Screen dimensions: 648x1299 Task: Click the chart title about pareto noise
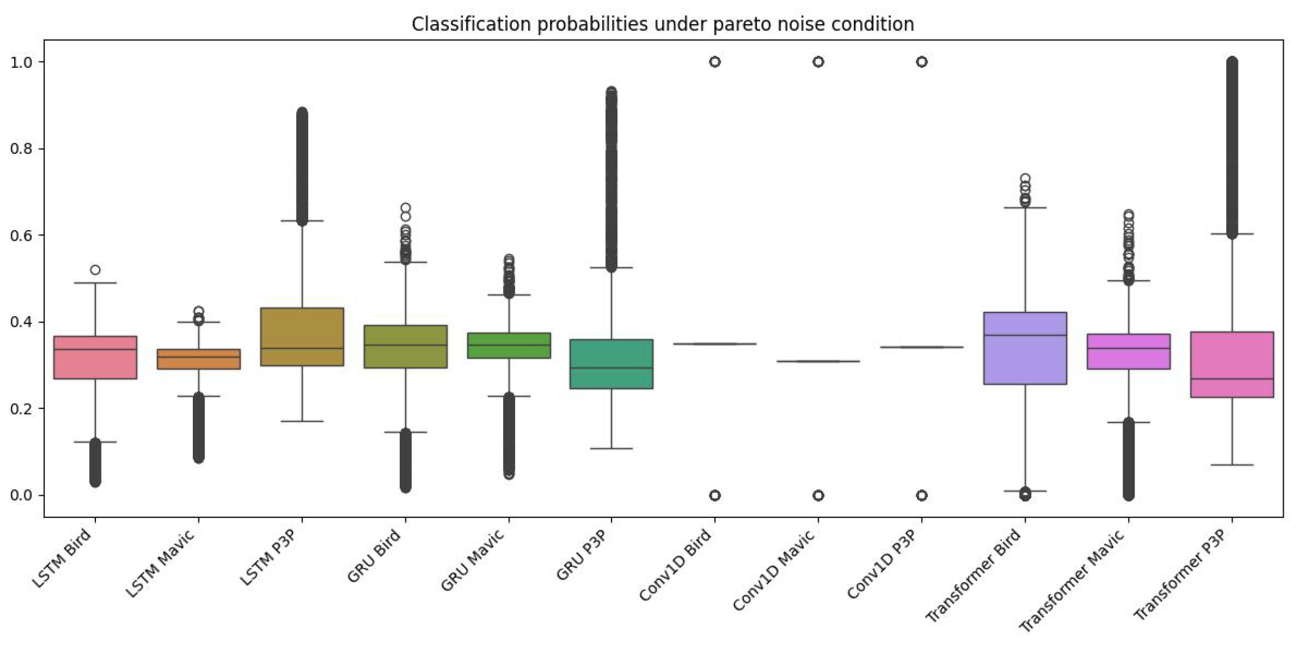pos(662,24)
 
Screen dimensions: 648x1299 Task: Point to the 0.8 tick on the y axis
pos(21,149)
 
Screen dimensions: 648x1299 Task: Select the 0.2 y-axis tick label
pos(21,408)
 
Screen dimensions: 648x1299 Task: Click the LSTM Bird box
pos(95,364)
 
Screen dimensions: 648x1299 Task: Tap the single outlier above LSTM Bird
pos(95,270)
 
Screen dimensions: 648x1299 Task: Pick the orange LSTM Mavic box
pos(199,359)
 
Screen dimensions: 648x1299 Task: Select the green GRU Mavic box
pos(509,346)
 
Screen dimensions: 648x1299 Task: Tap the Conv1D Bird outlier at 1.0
pos(714,62)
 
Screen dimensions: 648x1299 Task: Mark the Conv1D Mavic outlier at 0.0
pos(818,495)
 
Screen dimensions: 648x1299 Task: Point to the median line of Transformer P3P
pos(1232,379)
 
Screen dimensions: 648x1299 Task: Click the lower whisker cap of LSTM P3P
pos(302,421)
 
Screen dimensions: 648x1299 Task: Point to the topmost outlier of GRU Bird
pos(405,208)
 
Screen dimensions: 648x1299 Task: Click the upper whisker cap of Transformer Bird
pos(1025,208)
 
